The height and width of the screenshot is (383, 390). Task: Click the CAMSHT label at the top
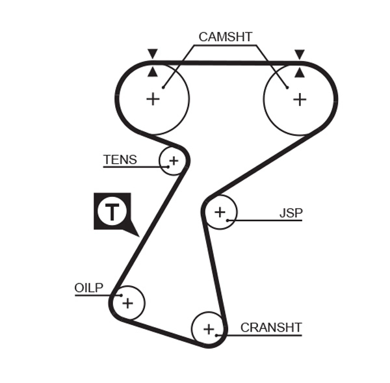coord(225,37)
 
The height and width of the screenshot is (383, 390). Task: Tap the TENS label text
coord(120,160)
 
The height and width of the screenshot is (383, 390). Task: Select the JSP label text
coord(291,213)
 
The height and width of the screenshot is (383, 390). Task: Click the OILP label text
coord(89,288)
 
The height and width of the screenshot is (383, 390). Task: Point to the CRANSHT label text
coord(271,328)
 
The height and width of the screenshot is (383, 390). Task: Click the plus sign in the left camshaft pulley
coord(153,99)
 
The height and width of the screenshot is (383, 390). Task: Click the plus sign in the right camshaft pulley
coord(299,99)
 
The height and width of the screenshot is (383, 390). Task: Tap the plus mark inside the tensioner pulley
coord(174,159)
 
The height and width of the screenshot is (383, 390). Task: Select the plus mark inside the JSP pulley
coord(220,211)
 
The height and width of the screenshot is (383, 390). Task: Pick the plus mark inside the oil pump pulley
coord(128,302)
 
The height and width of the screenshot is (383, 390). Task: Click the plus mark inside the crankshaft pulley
coord(209,329)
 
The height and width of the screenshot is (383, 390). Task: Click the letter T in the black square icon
coord(112,212)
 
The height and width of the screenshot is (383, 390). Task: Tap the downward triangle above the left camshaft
coord(153,53)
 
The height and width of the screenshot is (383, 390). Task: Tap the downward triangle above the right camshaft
coord(299,53)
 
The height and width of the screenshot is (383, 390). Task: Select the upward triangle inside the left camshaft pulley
coord(153,71)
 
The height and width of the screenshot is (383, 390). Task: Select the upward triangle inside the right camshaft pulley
coord(299,71)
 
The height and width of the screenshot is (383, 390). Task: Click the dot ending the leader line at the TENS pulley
coord(168,167)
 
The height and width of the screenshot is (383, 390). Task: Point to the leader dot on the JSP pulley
coord(227,220)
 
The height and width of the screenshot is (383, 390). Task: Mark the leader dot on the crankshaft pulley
coord(217,336)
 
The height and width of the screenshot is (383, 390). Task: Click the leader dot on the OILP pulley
coord(120,296)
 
